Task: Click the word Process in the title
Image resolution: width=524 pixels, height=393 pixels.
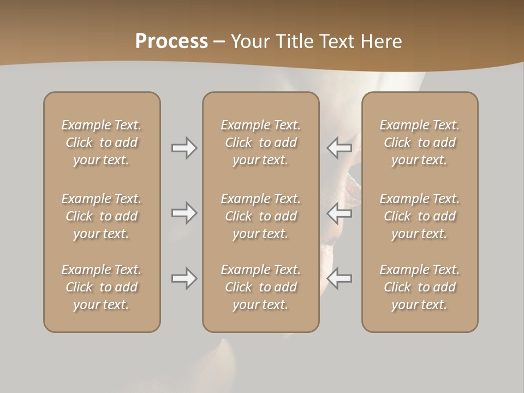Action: [171, 41]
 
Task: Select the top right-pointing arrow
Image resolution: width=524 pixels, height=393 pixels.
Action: [184, 148]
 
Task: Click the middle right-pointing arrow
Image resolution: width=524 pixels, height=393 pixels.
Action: [184, 212]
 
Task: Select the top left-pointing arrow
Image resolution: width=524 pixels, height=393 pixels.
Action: [339, 148]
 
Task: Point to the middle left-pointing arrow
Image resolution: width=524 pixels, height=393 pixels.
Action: [339, 212]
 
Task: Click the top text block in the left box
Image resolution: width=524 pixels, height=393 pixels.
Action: [102, 142]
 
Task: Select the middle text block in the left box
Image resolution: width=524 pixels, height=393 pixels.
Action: [102, 216]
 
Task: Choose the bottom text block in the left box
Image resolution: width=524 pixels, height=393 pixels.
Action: [102, 287]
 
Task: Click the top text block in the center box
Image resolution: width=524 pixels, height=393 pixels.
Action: [260, 142]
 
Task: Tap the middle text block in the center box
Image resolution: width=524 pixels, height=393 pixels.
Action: [260, 216]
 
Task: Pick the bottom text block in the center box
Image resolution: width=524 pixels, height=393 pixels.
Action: [260, 287]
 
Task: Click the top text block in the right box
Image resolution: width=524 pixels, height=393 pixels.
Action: [419, 142]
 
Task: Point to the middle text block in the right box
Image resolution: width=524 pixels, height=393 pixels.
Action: [419, 216]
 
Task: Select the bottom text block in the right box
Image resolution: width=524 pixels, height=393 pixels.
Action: [419, 287]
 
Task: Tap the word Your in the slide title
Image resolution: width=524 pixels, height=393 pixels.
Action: [249, 41]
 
